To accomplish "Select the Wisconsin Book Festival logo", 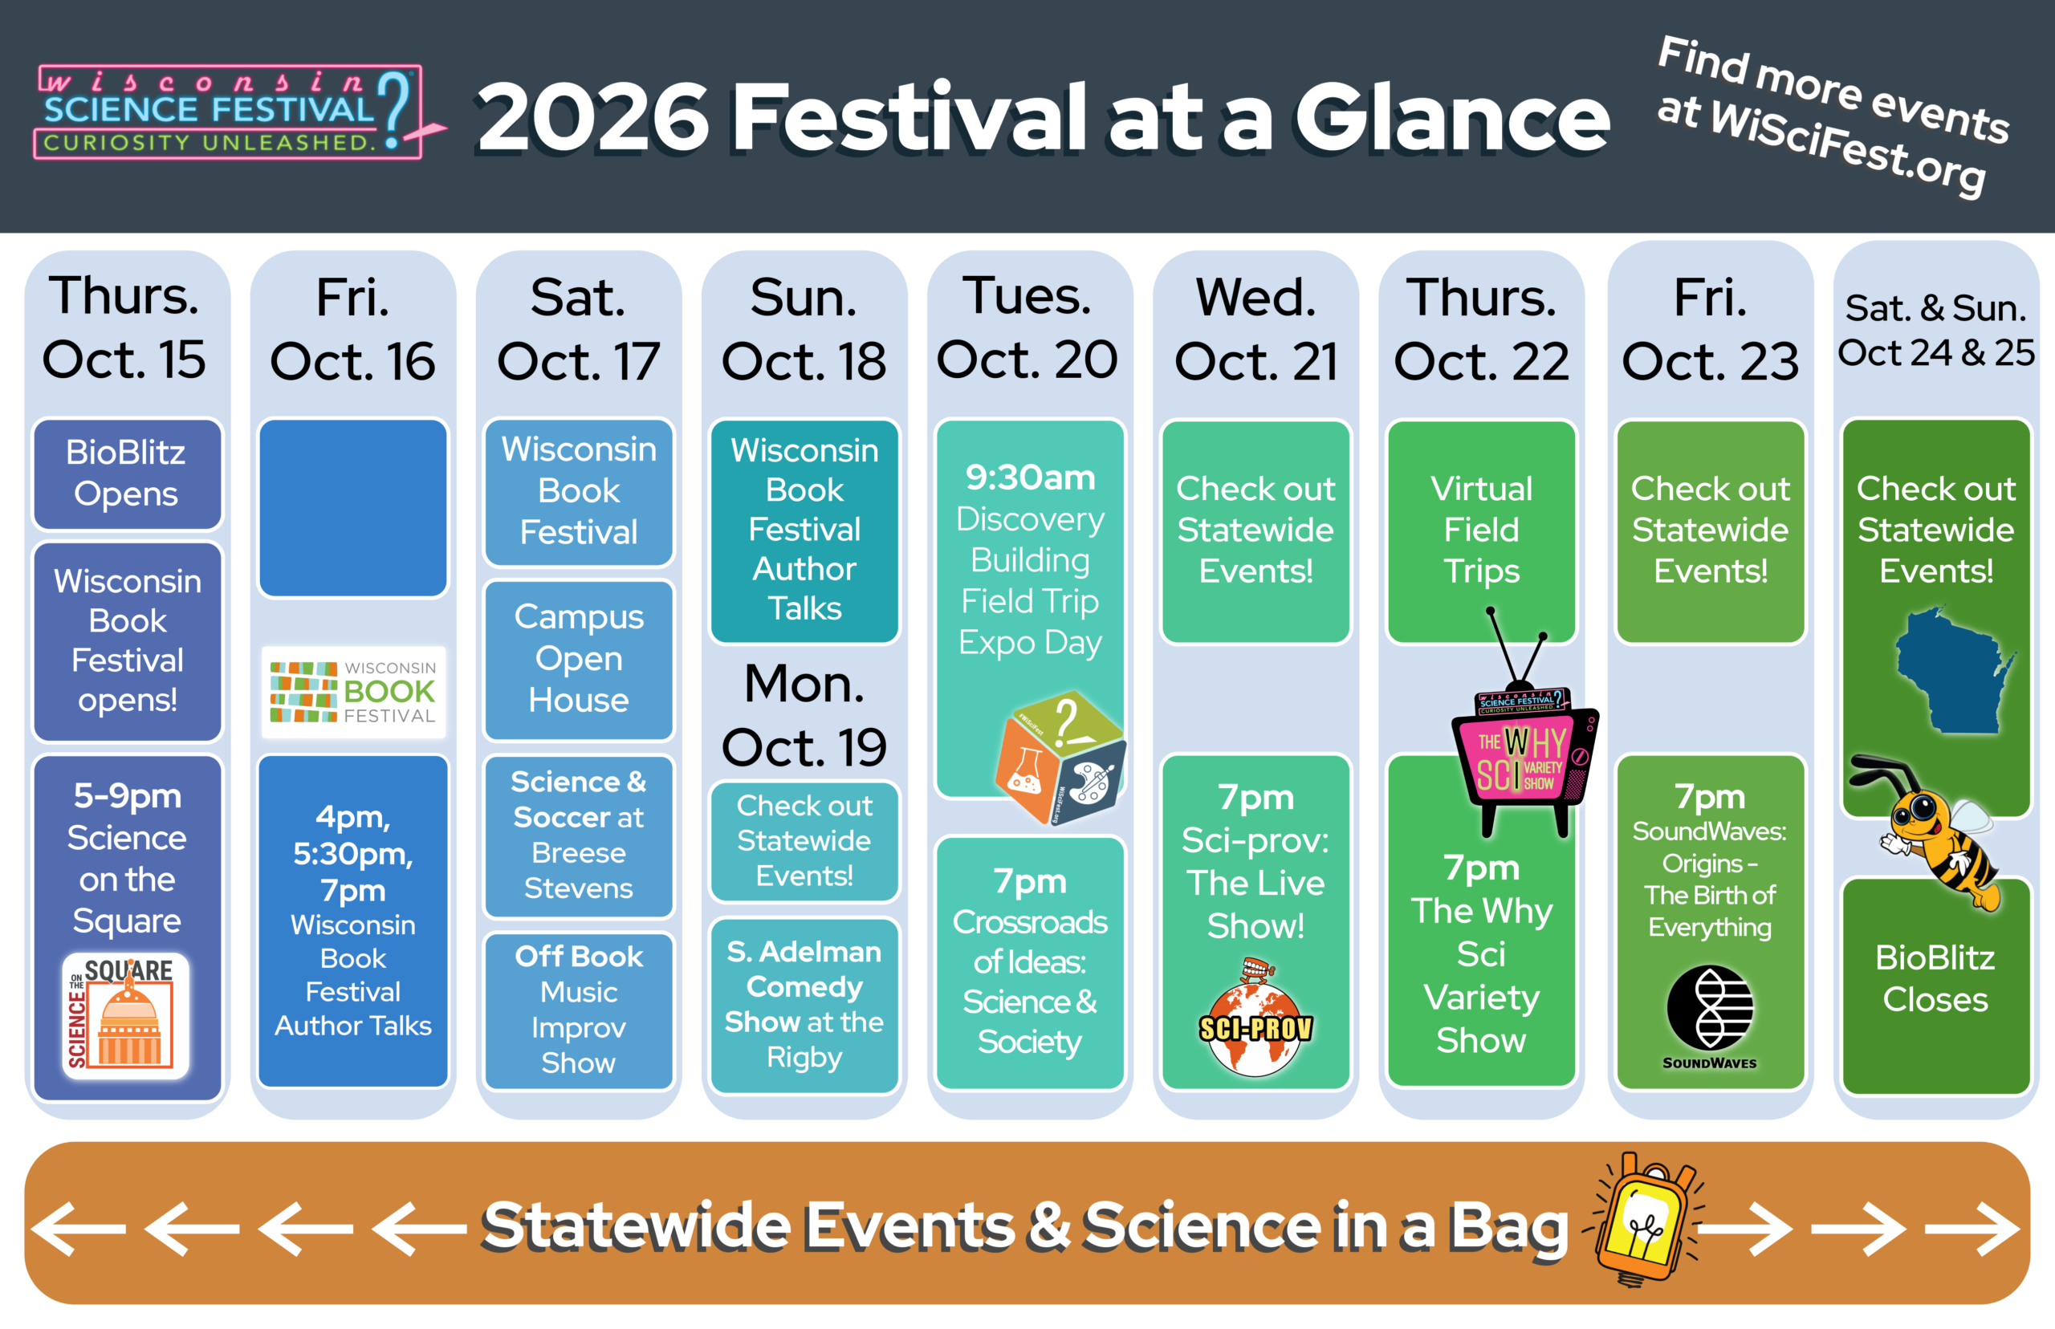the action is click(x=353, y=692).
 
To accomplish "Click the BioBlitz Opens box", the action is click(x=127, y=473).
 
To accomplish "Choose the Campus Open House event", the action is click(x=578, y=660).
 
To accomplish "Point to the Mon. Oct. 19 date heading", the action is click(x=804, y=714).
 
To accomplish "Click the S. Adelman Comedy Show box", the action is click(x=804, y=1006).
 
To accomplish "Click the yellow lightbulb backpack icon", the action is click(x=1645, y=1219).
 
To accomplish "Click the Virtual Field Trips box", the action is click(x=1481, y=530).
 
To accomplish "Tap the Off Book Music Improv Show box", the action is click(x=578, y=1010).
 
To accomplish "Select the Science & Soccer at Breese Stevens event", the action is click(x=578, y=835).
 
